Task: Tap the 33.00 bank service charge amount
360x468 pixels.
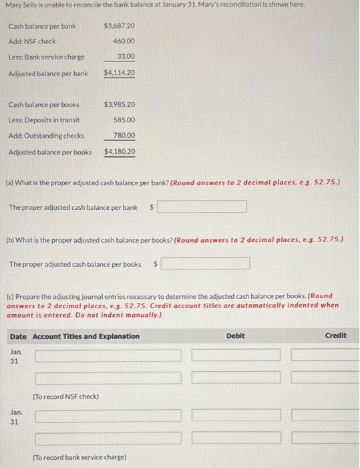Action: coord(126,57)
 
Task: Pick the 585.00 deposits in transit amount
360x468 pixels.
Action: coord(124,120)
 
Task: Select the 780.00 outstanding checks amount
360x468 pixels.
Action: coord(124,136)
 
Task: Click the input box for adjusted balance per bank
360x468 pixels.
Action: coord(202,207)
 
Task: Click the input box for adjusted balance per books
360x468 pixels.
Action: coord(206,264)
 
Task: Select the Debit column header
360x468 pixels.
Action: coord(235,336)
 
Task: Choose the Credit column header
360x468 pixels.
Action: coord(335,336)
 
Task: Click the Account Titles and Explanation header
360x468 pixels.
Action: coord(86,336)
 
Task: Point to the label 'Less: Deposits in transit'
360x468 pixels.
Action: coord(44,120)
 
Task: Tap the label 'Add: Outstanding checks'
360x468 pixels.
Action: coord(46,136)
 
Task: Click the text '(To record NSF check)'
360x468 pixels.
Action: coord(65,396)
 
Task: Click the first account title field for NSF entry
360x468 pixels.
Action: coord(108,355)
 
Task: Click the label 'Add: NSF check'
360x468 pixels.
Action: coord(32,41)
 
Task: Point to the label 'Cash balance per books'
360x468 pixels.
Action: coord(43,104)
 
